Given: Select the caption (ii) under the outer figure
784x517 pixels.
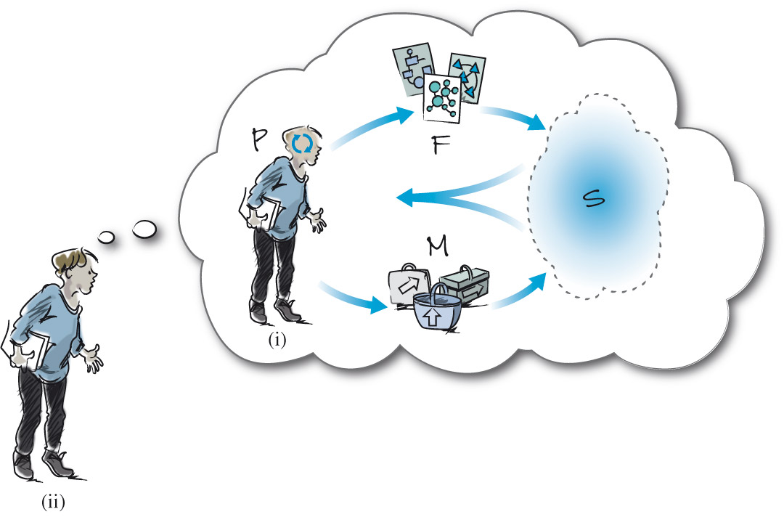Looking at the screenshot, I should (55, 500).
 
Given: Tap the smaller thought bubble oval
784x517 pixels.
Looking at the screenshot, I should (107, 235).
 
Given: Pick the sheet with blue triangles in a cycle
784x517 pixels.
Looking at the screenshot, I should (465, 78).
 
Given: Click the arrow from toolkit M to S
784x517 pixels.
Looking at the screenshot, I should (519, 290).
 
